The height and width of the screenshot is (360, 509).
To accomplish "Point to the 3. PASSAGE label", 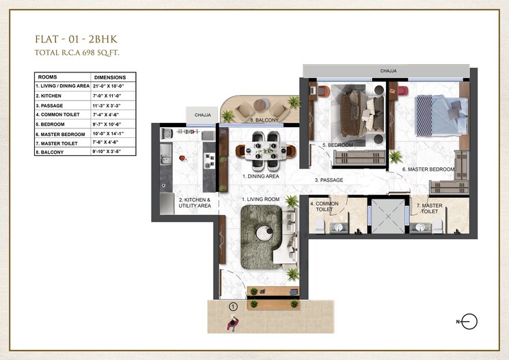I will pyautogui.click(x=329, y=180).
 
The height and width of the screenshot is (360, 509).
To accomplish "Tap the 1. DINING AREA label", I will pyautogui.click(x=260, y=176).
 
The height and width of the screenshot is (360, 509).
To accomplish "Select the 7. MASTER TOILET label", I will pyautogui.click(x=430, y=208).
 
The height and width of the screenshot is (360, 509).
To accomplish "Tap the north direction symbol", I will pyautogui.click(x=469, y=321).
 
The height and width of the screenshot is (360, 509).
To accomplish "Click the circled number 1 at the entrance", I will pyautogui.click(x=233, y=307).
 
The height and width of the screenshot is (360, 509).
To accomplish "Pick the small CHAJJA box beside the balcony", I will pyautogui.click(x=202, y=115).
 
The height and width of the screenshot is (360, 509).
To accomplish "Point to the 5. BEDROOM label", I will pyautogui.click(x=338, y=146).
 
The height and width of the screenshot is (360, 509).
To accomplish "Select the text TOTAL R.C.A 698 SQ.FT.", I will pyautogui.click(x=82, y=52).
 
